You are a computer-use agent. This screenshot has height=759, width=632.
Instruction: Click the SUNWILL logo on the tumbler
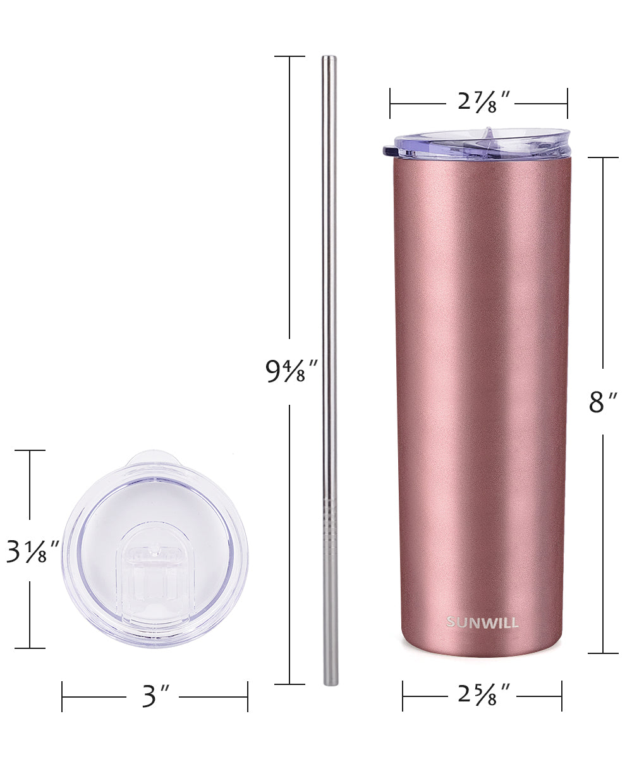[482, 622]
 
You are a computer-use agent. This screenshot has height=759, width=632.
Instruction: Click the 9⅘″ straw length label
[291, 371]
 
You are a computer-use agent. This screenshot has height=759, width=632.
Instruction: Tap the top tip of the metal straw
[329, 57]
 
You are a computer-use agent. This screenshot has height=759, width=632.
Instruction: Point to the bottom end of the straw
[330, 684]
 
